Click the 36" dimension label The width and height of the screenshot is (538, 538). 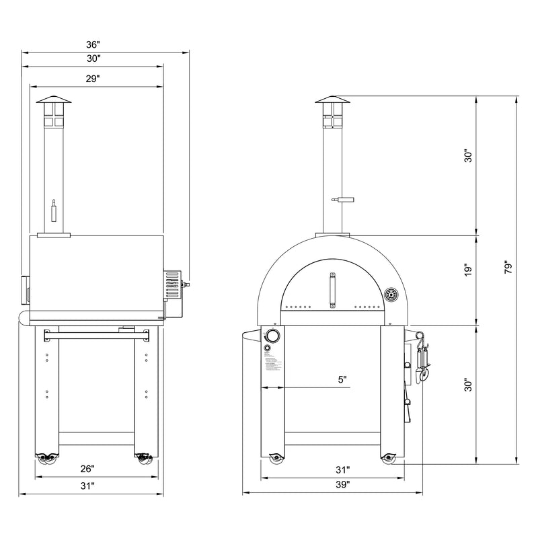[93, 44]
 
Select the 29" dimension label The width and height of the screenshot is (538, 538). [93, 79]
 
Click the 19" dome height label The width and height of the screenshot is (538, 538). [469, 270]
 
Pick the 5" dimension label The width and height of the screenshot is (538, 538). [342, 380]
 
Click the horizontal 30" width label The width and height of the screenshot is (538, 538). [93, 59]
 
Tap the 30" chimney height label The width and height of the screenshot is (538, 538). [469, 156]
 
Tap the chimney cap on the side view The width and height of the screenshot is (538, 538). [53, 102]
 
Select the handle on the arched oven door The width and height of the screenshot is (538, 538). [332, 289]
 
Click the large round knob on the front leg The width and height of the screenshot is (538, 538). [272, 336]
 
